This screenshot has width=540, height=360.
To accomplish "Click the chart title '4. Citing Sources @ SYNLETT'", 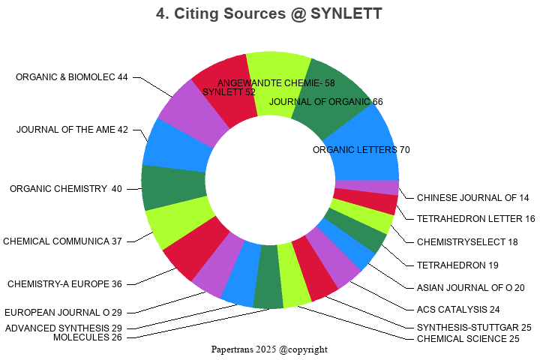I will (x=270, y=13).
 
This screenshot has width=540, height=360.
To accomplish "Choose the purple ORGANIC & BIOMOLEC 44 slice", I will (x=187, y=112).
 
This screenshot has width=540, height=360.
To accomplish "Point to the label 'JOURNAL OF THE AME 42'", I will (x=72, y=130).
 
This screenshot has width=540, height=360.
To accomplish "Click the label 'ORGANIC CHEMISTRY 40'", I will (x=66, y=189).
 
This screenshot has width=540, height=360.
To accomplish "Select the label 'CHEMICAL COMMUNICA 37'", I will (x=62, y=241).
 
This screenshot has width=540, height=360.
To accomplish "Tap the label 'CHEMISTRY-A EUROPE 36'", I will (x=64, y=284).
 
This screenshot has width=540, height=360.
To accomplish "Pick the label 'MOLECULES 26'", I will (x=88, y=337).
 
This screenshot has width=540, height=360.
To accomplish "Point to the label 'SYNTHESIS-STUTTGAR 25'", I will (x=474, y=328).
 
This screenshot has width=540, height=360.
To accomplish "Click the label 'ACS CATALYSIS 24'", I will (x=458, y=309).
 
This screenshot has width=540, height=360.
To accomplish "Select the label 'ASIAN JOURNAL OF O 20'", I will (x=471, y=287).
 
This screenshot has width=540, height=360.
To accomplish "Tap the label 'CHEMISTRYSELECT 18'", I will (x=467, y=242).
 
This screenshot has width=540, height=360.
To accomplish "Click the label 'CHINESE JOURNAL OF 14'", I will (x=473, y=198).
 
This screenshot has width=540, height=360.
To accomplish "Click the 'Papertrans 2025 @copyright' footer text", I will (x=269, y=349).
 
